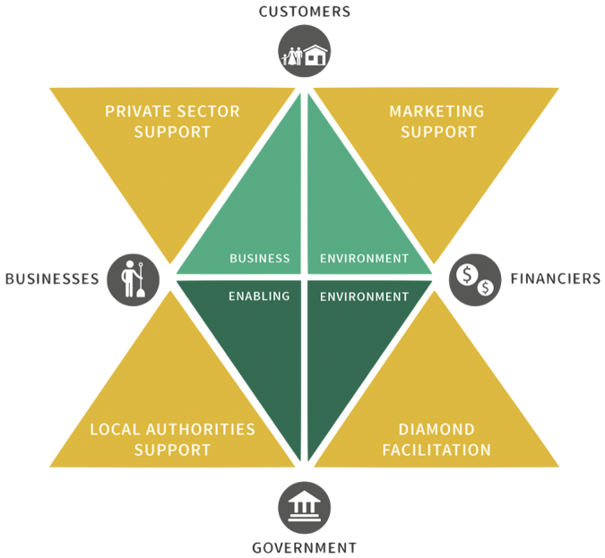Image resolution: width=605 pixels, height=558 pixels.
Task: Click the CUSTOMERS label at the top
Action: (304, 12)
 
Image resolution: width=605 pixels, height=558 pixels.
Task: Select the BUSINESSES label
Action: (51, 279)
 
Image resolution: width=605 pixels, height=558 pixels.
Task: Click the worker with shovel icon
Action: (134, 278)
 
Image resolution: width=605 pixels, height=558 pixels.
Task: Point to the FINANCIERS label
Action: (555, 279)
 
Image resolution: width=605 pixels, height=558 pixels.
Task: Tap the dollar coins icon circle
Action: (474, 279)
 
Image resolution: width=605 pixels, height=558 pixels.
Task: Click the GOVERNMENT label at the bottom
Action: (304, 547)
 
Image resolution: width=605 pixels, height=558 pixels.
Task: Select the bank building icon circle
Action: (304, 507)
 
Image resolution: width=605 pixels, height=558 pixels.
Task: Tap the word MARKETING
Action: (436, 112)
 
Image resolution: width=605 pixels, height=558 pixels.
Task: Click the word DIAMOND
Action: (436, 430)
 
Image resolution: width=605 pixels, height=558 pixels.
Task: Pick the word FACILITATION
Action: (436, 450)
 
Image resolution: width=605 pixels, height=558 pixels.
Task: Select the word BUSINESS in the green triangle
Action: (259, 259)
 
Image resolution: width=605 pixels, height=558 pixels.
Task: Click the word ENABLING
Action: (259, 296)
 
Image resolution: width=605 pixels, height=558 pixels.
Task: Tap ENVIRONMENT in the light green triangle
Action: (364, 259)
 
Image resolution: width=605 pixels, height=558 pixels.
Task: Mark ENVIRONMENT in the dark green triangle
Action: (364, 296)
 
